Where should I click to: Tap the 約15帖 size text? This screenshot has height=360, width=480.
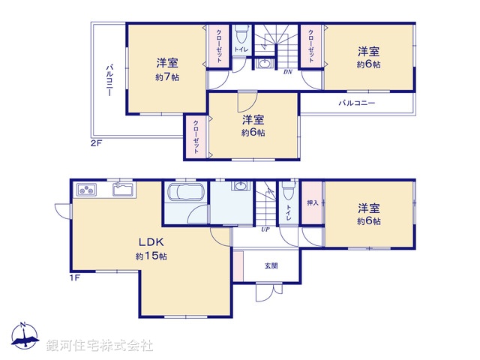[151, 256]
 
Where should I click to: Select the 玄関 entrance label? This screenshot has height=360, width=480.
[271, 265]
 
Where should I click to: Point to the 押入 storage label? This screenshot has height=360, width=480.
[313, 202]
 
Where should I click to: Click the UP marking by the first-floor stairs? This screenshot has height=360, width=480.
[265, 229]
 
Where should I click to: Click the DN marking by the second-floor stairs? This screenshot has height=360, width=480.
[287, 72]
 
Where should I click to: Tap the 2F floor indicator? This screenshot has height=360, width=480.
[96, 142]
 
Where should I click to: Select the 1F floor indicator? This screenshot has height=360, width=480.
[75, 278]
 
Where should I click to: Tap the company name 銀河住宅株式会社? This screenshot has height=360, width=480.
[100, 345]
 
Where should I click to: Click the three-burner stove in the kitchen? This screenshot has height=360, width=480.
[87, 189]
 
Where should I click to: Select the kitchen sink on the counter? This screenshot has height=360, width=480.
[122, 189]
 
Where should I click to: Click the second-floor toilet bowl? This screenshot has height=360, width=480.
[241, 35]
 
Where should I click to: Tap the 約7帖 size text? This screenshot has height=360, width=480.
[168, 77]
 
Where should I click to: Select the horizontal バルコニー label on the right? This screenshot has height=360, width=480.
[356, 103]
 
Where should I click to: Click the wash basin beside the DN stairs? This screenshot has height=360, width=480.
[264, 64]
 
